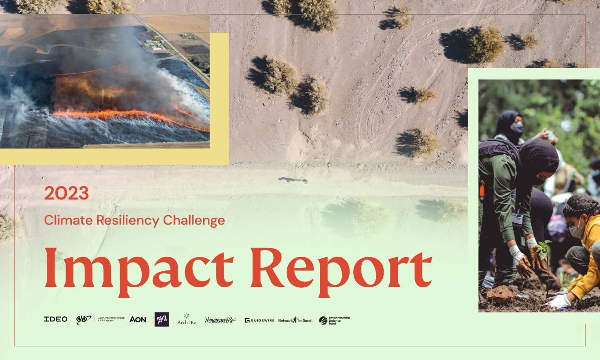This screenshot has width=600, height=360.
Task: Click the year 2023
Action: [66, 194]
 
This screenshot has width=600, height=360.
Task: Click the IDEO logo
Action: [55, 319]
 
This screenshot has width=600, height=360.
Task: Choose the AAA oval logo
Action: [84, 320]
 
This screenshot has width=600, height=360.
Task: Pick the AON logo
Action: [138, 320]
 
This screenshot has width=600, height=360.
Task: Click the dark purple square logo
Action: [162, 319]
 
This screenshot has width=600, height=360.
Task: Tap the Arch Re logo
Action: [186, 320]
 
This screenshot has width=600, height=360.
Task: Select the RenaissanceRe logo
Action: [220, 320]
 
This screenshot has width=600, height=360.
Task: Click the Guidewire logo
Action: [260, 320]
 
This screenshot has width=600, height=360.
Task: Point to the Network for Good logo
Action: [295, 320]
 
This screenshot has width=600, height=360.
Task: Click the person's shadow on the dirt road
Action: [293, 180]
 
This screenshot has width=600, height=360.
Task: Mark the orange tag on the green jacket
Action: [482, 190]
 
